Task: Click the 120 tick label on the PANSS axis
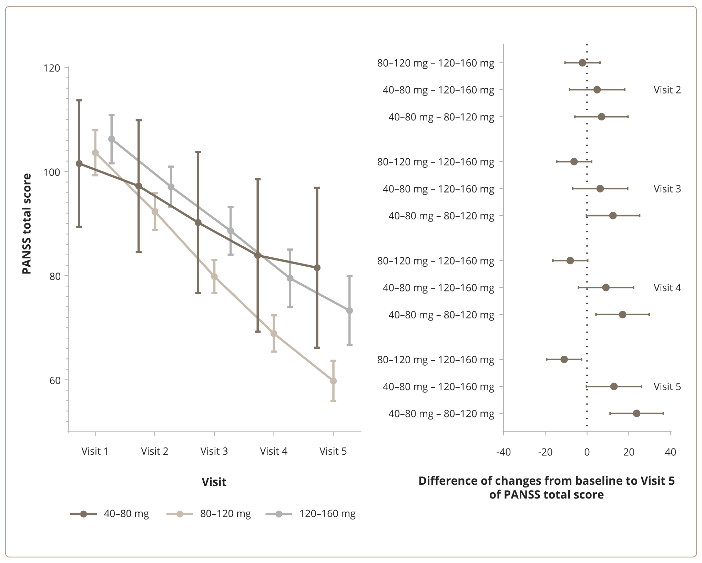pos(51,68)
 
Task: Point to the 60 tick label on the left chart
pos(55,380)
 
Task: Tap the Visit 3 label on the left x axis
pos(214,451)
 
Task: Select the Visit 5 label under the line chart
pos(333,451)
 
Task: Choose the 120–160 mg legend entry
pos(311,514)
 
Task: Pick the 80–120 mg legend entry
pos(209,514)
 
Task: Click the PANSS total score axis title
pos(27,224)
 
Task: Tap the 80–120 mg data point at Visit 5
pos(333,381)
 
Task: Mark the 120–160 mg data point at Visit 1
pos(112,139)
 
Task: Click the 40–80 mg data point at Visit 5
pos(317,268)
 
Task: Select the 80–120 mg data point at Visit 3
pos(214,276)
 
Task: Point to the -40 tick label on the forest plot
pos(503,452)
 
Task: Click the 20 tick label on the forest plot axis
pos(629,452)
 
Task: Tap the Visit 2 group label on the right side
pos(667,90)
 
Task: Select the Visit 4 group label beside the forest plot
pos(667,288)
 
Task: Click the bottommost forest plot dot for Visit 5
pos(637,413)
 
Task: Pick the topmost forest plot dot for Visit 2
pos(582,63)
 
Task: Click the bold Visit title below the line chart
pos(214,482)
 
